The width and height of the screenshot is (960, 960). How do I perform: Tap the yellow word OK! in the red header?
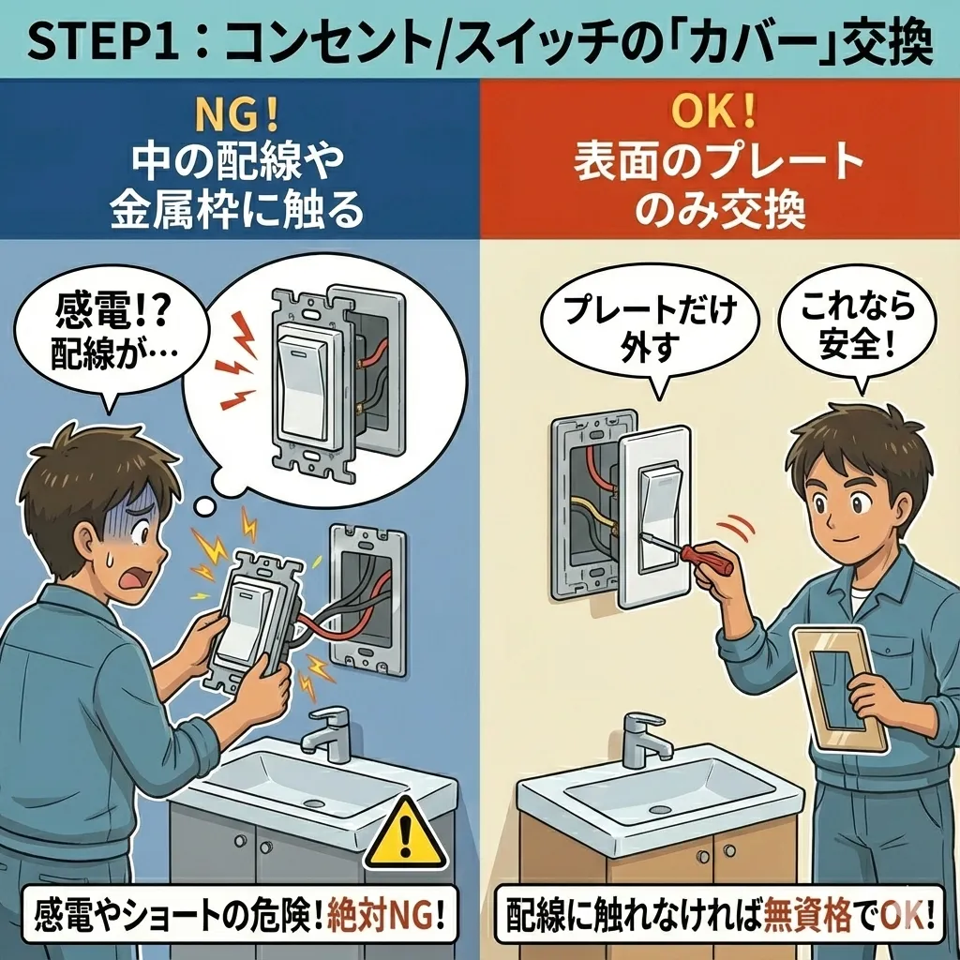713,112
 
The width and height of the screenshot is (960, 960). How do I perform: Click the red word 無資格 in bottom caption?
807,917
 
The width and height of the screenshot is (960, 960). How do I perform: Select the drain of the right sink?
659,810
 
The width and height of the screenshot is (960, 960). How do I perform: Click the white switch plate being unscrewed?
653,517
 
